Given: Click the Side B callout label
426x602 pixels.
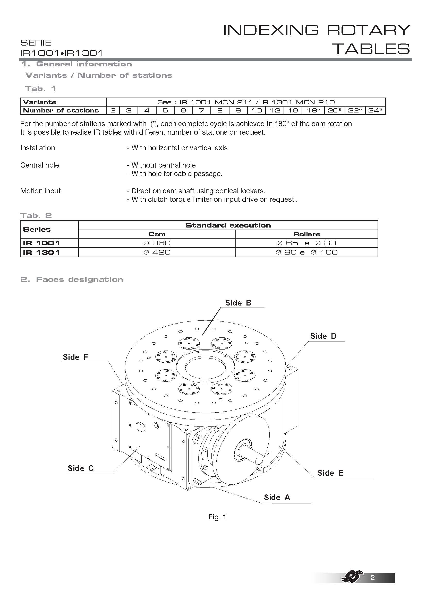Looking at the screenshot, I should pos(238,303).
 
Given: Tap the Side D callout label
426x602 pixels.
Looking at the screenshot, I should pos(323,336).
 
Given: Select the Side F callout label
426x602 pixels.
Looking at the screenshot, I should pos(75,357).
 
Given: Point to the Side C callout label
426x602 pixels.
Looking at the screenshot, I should pos(81,468).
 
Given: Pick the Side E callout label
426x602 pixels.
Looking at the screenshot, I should pos(330,473).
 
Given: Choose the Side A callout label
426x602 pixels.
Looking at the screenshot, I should pos(277,498).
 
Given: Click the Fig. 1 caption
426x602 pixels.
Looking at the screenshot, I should pos(217,517).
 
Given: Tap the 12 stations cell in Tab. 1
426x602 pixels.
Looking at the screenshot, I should pos(275,110).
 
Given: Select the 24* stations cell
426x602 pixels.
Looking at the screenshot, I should pos(375,110).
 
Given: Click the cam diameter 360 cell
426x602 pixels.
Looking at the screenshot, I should pos(157,243).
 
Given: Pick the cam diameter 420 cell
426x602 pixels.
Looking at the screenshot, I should pos(157,252).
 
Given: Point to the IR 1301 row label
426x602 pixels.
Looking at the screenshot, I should pos(42,252).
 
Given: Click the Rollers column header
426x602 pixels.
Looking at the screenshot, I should pos(307,234).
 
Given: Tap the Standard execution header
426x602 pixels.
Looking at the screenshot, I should pos(228,225).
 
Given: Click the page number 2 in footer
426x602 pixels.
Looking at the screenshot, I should pos(372,585).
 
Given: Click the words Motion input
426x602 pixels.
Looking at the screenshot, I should pos(40,191).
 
